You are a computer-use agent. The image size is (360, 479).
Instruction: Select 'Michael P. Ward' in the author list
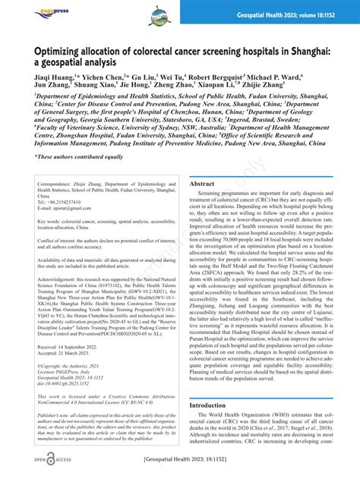pyautogui.click(x=282, y=77)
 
